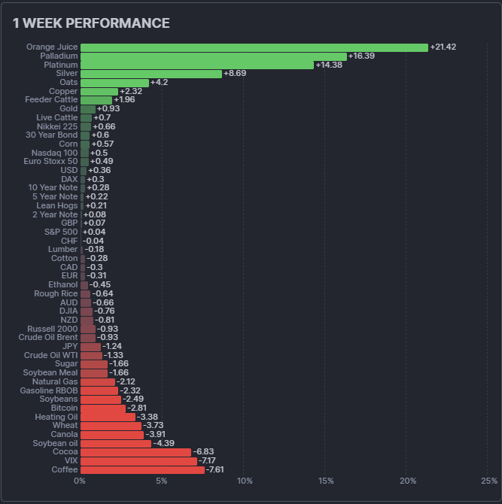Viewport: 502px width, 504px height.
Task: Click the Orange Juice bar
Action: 254,47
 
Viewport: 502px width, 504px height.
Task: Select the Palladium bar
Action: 213,56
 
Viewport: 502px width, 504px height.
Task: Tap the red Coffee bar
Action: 142,469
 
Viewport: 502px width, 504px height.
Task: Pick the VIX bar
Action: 138,461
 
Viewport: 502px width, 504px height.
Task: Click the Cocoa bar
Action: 135,452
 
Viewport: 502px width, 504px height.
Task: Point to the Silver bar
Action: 151,74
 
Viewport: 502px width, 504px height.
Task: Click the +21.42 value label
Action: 443,47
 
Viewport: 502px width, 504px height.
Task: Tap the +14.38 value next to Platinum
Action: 328,65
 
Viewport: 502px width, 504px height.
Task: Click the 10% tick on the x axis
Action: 244,481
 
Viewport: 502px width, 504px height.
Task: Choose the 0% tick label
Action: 80,481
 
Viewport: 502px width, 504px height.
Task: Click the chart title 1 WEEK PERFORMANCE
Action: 91,23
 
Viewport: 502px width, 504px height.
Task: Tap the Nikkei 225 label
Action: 57,126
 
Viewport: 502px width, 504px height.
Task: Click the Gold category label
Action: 68,109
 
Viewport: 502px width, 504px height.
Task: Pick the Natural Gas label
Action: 55,381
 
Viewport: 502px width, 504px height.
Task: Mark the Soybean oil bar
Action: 116,443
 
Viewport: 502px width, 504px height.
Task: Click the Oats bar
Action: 114,83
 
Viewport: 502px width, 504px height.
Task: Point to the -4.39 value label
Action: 165,443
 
